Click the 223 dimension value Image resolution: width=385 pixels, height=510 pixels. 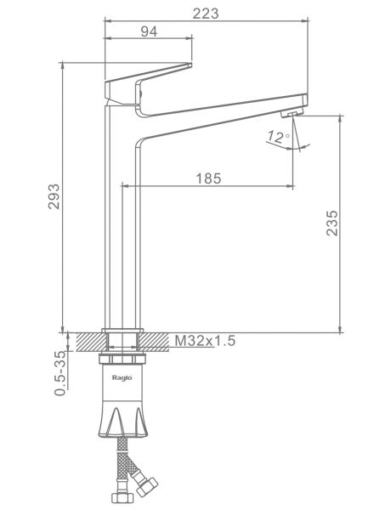click(206, 14)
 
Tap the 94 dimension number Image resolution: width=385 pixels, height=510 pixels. click(150, 31)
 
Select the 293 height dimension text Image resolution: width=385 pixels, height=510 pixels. click(54, 196)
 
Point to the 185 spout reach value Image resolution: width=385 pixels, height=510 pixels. click(208, 178)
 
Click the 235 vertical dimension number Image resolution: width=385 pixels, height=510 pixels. click(332, 223)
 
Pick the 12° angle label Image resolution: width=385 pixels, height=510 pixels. click(278, 137)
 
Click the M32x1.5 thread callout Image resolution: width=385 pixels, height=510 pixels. click(205, 341)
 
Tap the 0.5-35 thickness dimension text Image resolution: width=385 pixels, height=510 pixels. click(60, 373)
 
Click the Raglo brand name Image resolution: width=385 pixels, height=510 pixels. click(122, 377)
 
